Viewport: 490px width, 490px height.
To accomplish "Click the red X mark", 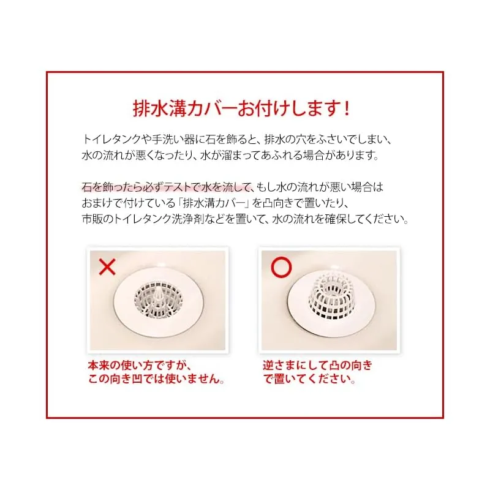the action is pyautogui.click(x=107, y=267).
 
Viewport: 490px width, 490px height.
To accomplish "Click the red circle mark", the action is pyautogui.click(x=281, y=267).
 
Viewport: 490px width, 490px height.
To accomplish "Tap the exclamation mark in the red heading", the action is pyautogui.click(x=346, y=109).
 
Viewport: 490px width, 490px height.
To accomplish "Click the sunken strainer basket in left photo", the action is pyautogui.click(x=158, y=300).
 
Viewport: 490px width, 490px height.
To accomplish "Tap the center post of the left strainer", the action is pyautogui.click(x=159, y=295).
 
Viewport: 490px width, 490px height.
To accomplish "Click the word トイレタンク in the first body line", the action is pyautogui.click(x=112, y=140).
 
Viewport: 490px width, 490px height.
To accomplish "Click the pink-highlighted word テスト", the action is pyautogui.click(x=178, y=187).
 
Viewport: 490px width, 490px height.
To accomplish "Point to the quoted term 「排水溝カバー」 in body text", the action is pyautogui.click(x=213, y=203).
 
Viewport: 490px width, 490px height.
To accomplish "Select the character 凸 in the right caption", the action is pyautogui.click(x=337, y=365).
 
